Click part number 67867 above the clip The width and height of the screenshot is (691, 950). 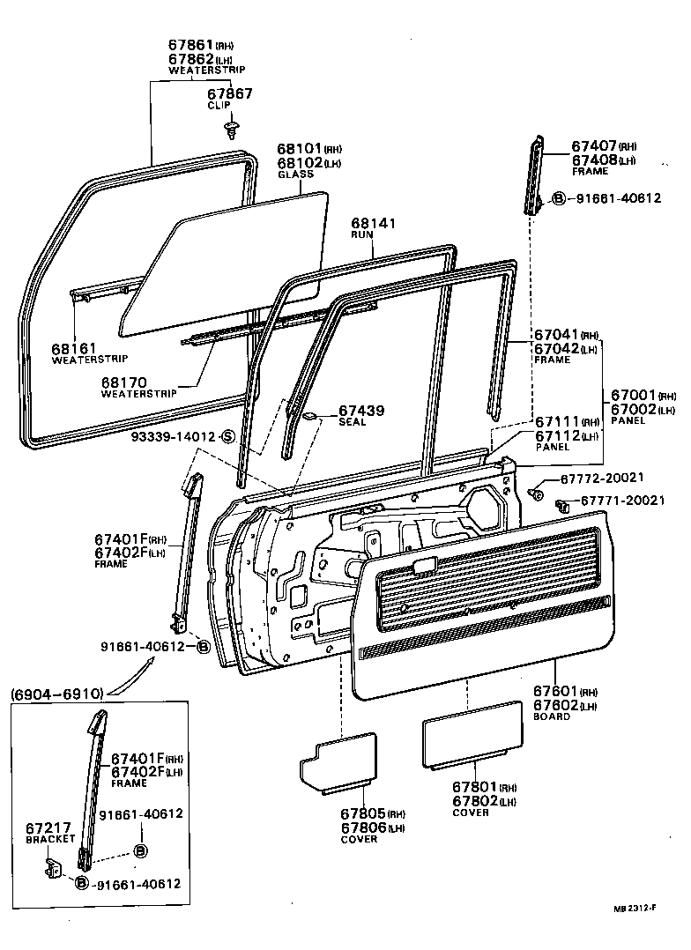[229, 93]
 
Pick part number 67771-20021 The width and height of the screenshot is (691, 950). [622, 501]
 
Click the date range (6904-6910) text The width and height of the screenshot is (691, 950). [57, 694]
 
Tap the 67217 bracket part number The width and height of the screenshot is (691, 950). [48, 828]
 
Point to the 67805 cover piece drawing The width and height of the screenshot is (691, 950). [338, 760]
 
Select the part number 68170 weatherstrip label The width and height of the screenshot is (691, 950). [124, 382]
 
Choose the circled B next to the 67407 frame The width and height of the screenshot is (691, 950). [559, 198]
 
